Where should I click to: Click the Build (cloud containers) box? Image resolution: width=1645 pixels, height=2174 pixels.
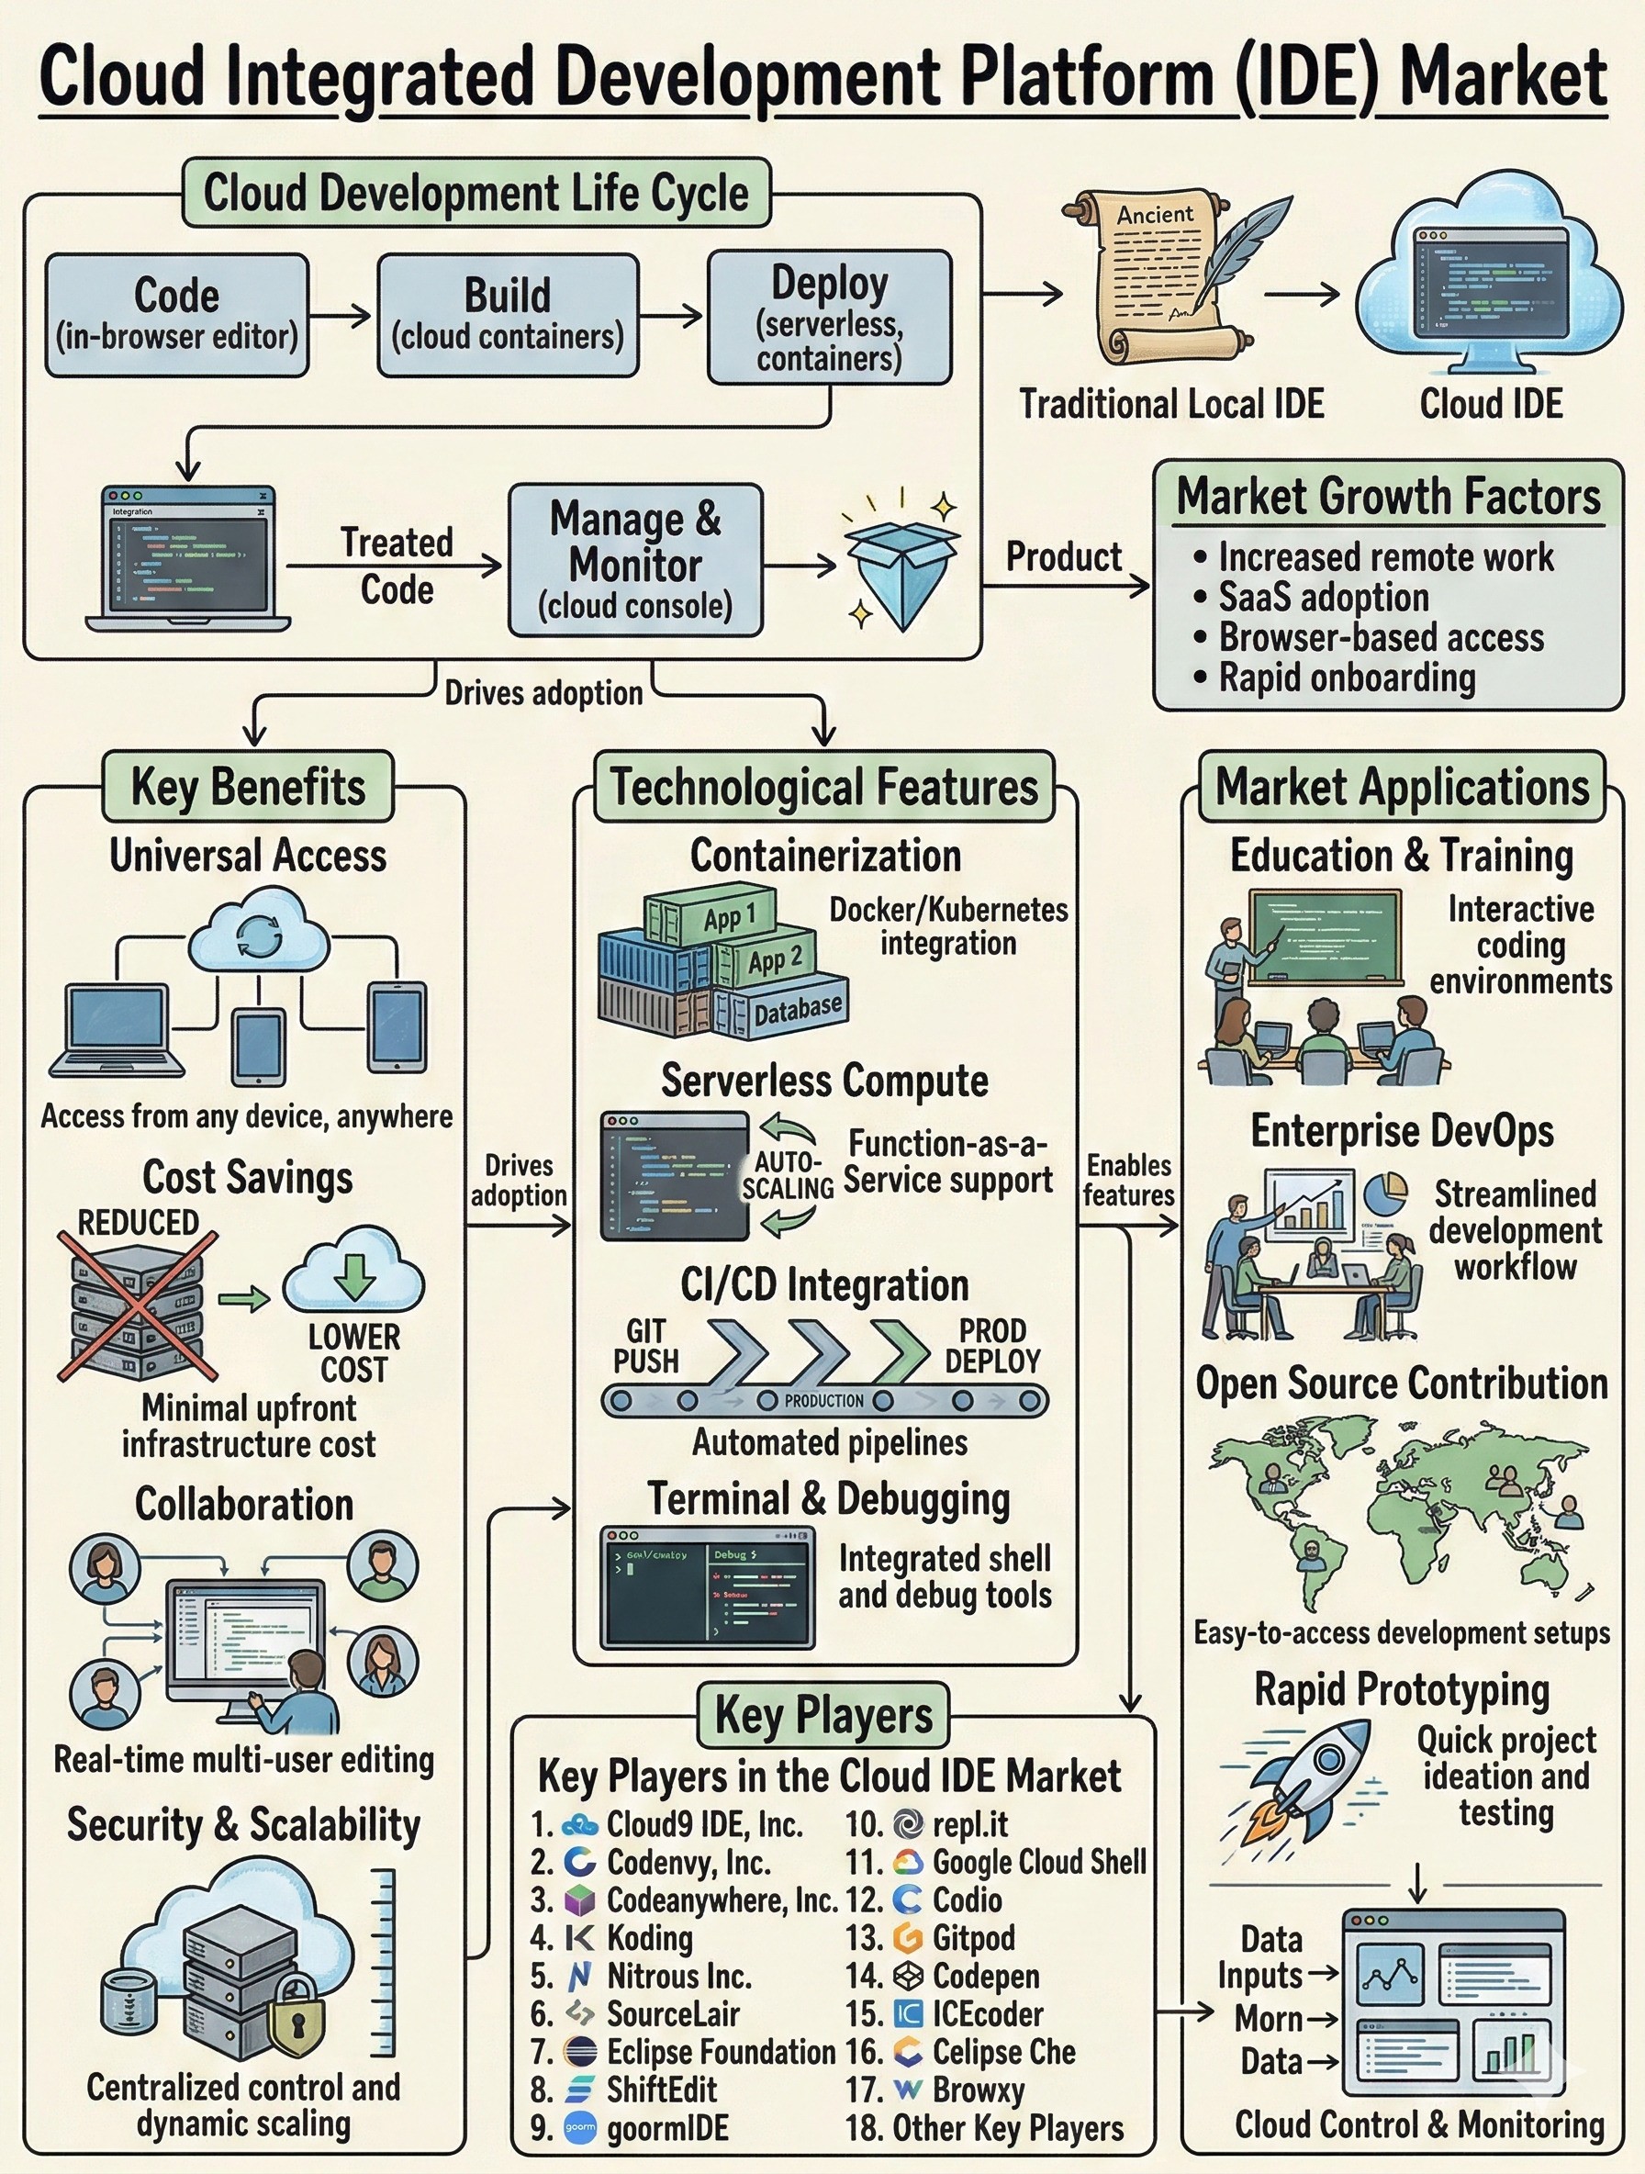point(508,315)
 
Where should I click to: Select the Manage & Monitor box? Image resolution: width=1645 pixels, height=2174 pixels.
point(635,560)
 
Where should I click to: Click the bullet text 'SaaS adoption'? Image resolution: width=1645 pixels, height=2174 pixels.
point(1323,598)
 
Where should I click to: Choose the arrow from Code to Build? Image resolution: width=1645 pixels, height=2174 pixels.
point(342,316)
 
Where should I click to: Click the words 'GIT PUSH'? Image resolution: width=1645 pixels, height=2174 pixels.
point(645,1346)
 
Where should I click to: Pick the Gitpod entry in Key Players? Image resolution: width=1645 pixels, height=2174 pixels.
point(973,1937)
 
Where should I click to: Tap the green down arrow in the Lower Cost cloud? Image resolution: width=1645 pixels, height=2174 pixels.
point(353,1274)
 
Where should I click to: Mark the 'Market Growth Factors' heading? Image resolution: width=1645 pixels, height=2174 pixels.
point(1389,497)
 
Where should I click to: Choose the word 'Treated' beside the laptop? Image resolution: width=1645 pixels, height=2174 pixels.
point(396,543)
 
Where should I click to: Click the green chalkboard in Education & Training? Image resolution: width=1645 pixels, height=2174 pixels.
point(1326,936)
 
